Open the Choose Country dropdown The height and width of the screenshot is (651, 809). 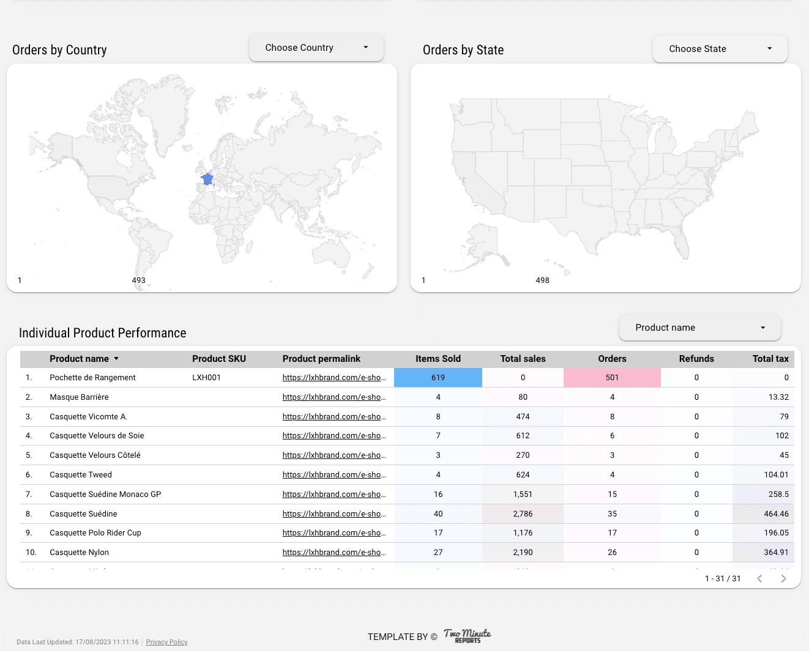point(316,48)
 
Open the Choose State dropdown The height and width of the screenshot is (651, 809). point(720,49)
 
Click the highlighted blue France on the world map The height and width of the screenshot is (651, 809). point(208,179)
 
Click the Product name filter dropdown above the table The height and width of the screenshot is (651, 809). point(699,328)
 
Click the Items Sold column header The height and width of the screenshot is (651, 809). point(438,359)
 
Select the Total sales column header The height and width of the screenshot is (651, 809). point(523,359)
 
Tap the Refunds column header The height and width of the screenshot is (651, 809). point(696,359)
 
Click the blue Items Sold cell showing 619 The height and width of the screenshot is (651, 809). point(438,378)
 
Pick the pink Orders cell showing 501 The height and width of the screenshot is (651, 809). point(612,378)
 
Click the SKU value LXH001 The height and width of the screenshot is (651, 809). point(206,378)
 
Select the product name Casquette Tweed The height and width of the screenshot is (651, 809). point(81,475)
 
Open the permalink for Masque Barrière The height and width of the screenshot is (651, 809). point(334,397)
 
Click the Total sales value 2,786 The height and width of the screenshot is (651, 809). point(523,514)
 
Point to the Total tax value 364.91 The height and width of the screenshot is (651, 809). point(776,553)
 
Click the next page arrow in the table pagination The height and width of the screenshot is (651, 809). point(783,579)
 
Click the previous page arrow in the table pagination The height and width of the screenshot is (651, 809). point(759,579)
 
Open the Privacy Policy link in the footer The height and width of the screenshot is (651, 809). point(166,642)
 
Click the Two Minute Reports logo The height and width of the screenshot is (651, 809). point(468,636)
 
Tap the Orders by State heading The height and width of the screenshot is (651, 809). point(463,50)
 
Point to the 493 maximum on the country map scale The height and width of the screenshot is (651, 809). point(139,281)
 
